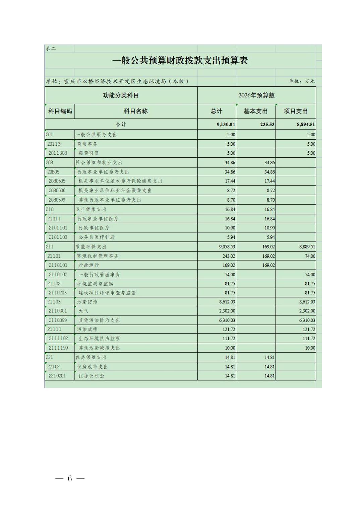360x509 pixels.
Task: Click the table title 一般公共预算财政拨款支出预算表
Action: coord(180,61)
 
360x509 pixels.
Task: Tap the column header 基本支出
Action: coord(255,111)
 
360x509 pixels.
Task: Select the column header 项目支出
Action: coord(295,111)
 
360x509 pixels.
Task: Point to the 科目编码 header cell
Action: coord(60,111)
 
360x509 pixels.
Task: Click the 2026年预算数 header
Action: coord(256,95)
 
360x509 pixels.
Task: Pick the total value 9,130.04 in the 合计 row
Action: coord(226,125)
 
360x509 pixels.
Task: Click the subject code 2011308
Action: coord(58,153)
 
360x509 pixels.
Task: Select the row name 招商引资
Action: coord(88,153)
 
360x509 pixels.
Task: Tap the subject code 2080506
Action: coord(57,190)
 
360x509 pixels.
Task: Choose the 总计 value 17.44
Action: coord(230,181)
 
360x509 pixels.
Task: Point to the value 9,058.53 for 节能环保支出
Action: coord(227,247)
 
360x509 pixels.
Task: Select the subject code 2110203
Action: coord(58,293)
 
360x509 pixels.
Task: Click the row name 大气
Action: coord(83,311)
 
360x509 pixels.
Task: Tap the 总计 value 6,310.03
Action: coord(227,320)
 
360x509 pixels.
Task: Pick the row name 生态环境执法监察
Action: coord(99,339)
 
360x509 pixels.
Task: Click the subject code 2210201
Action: coord(57,376)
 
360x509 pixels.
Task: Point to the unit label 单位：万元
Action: coord(302,81)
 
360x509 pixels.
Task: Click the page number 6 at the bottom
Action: coord(70,479)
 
